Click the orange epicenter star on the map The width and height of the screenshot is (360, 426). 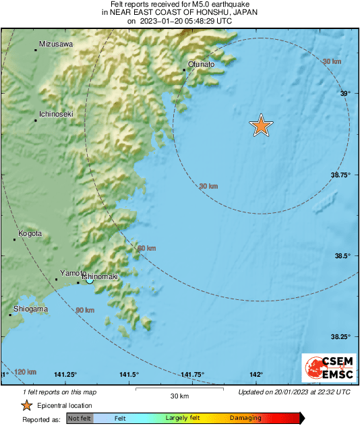(x=261, y=125)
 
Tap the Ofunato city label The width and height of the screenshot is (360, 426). (x=201, y=64)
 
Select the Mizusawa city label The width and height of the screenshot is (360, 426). (x=56, y=44)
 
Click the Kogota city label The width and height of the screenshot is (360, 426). (x=30, y=233)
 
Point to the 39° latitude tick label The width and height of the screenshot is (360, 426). (x=344, y=94)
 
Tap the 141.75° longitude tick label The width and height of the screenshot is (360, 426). (x=192, y=375)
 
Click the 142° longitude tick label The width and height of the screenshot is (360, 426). (x=256, y=375)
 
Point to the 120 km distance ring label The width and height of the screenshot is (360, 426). (x=26, y=372)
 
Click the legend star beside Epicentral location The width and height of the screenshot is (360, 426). (x=27, y=405)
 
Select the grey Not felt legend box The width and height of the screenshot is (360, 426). (x=80, y=418)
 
